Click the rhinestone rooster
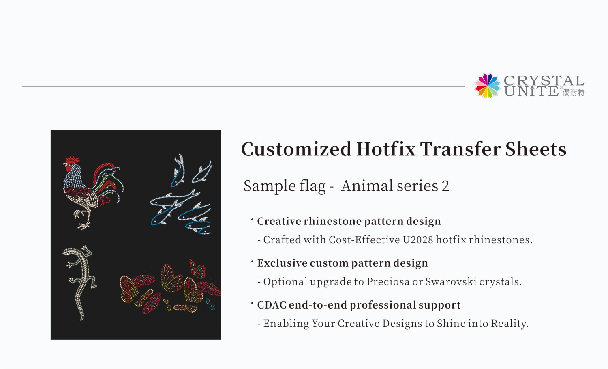(x=91, y=191)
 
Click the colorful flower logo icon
(x=488, y=86)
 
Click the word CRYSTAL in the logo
(x=544, y=80)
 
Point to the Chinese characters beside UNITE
(x=574, y=93)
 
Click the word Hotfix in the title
(x=385, y=149)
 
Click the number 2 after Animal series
(x=445, y=186)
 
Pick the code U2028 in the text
(x=418, y=240)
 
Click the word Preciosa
(x=388, y=282)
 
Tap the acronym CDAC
(x=272, y=305)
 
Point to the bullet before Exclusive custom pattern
(x=252, y=261)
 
